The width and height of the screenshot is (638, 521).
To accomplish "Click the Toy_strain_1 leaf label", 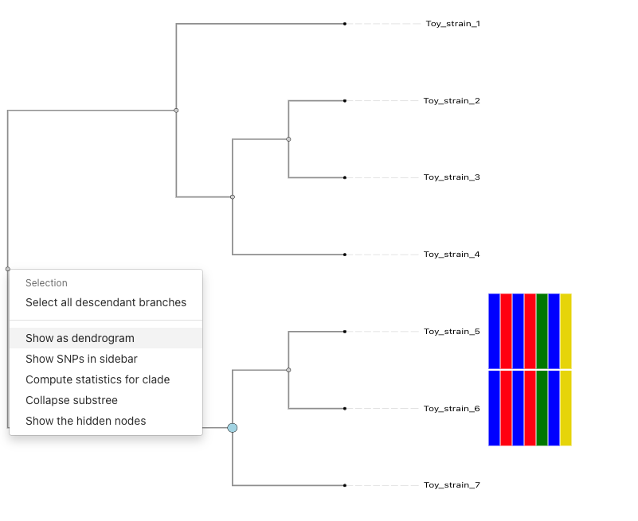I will pyautogui.click(x=452, y=24).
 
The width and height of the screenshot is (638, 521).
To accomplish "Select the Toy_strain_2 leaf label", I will pyautogui.click(x=452, y=101).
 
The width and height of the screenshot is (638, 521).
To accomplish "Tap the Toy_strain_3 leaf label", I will pyautogui.click(x=452, y=177).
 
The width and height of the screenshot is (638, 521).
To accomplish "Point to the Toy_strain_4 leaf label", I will pyautogui.click(x=452, y=255).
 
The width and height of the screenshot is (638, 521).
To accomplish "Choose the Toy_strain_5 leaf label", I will pyautogui.click(x=452, y=332).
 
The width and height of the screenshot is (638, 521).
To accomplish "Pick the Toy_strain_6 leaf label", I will pyautogui.click(x=452, y=409).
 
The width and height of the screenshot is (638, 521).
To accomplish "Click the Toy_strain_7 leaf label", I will pyautogui.click(x=452, y=485).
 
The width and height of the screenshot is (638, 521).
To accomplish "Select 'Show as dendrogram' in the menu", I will pyautogui.click(x=80, y=338).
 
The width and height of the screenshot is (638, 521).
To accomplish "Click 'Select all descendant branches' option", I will pyautogui.click(x=106, y=302).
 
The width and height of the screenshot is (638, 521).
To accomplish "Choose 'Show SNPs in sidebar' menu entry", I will pyautogui.click(x=81, y=359).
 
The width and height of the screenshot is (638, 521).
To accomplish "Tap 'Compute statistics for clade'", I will pyautogui.click(x=97, y=379).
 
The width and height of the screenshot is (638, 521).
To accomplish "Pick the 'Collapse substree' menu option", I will pyautogui.click(x=72, y=400).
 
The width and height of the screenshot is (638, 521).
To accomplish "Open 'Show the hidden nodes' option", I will pyautogui.click(x=86, y=421).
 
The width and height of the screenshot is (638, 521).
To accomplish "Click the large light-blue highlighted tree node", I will pyautogui.click(x=233, y=428).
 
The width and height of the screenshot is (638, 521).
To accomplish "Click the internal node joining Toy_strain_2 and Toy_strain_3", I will pyautogui.click(x=288, y=139).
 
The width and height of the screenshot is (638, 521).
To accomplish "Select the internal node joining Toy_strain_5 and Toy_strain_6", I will pyautogui.click(x=288, y=370).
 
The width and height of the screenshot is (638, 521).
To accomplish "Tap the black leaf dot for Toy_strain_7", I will pyautogui.click(x=345, y=485).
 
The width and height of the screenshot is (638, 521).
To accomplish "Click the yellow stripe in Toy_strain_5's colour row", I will pyautogui.click(x=566, y=331).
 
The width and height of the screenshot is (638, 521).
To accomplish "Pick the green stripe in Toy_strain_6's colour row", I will pyautogui.click(x=542, y=408).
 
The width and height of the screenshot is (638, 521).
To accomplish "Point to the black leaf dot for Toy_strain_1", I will pyautogui.click(x=345, y=24).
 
